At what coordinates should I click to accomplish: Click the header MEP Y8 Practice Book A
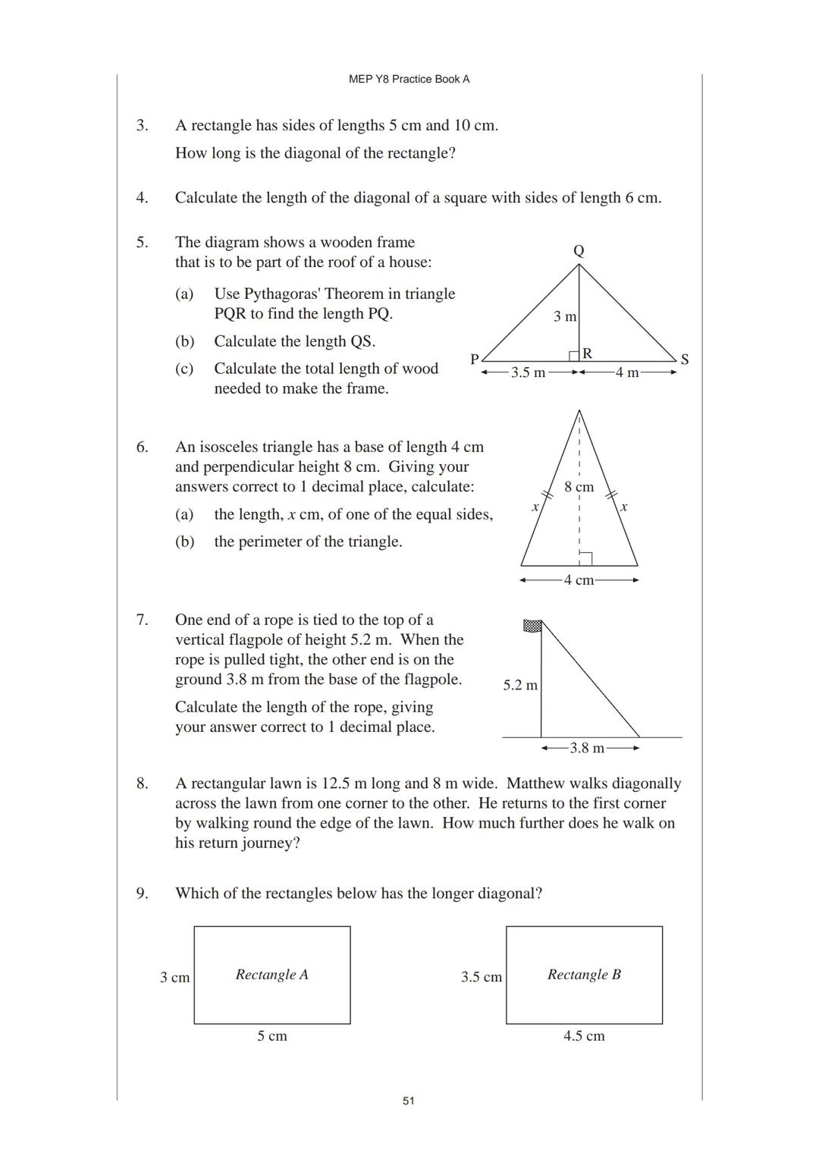(x=409, y=79)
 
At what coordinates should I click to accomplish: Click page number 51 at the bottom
(x=409, y=1101)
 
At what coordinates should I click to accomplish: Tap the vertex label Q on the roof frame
(x=579, y=251)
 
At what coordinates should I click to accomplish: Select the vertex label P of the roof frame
(x=474, y=360)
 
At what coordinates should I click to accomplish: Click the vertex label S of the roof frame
(x=685, y=360)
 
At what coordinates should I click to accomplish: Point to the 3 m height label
(x=564, y=316)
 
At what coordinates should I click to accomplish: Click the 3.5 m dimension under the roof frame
(x=528, y=372)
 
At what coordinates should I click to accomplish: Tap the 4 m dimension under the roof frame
(x=626, y=372)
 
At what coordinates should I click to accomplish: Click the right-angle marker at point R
(x=575, y=356)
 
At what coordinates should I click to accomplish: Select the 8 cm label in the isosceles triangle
(x=579, y=487)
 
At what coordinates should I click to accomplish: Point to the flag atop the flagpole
(x=532, y=626)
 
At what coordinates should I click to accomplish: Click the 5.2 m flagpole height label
(x=520, y=686)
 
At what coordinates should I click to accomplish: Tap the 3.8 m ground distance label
(x=587, y=749)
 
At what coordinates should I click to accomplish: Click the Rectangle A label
(x=271, y=975)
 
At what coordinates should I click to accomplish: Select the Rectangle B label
(x=584, y=975)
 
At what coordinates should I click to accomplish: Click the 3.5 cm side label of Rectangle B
(x=481, y=977)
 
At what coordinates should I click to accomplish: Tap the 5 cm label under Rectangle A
(x=271, y=1036)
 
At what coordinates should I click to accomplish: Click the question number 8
(x=143, y=784)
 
